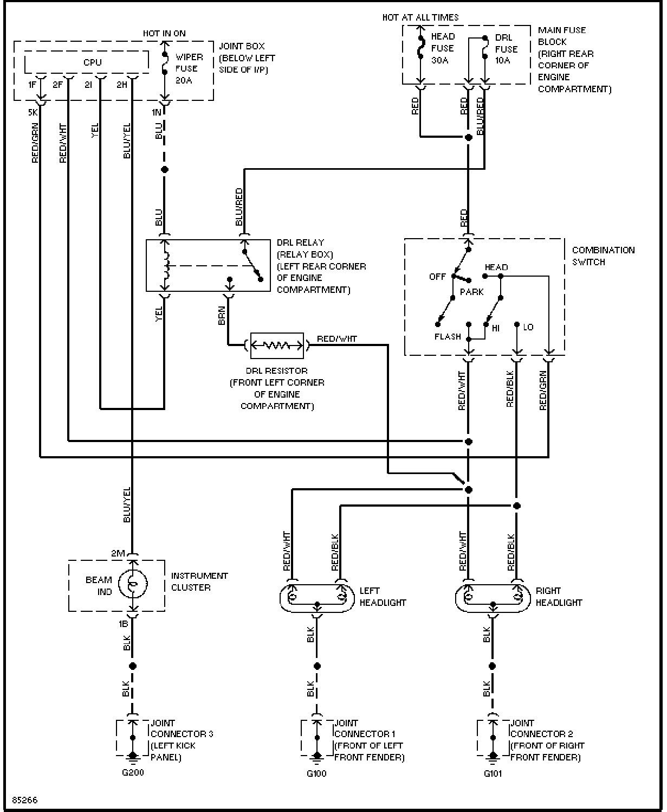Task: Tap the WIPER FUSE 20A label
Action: click(189, 68)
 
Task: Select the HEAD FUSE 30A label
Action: click(443, 48)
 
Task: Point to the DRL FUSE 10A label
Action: click(506, 49)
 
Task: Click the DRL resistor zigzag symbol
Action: click(277, 346)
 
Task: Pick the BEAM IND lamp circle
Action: click(133, 585)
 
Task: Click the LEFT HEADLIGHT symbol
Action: click(317, 598)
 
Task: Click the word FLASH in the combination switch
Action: click(448, 337)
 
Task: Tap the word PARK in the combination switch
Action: click(471, 292)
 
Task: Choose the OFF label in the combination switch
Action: click(437, 277)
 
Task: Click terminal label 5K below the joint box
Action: click(33, 112)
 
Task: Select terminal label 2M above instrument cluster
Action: click(118, 554)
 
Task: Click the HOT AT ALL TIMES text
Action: click(420, 17)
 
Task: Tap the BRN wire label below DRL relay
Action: click(222, 315)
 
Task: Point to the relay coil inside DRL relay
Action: click(166, 266)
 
